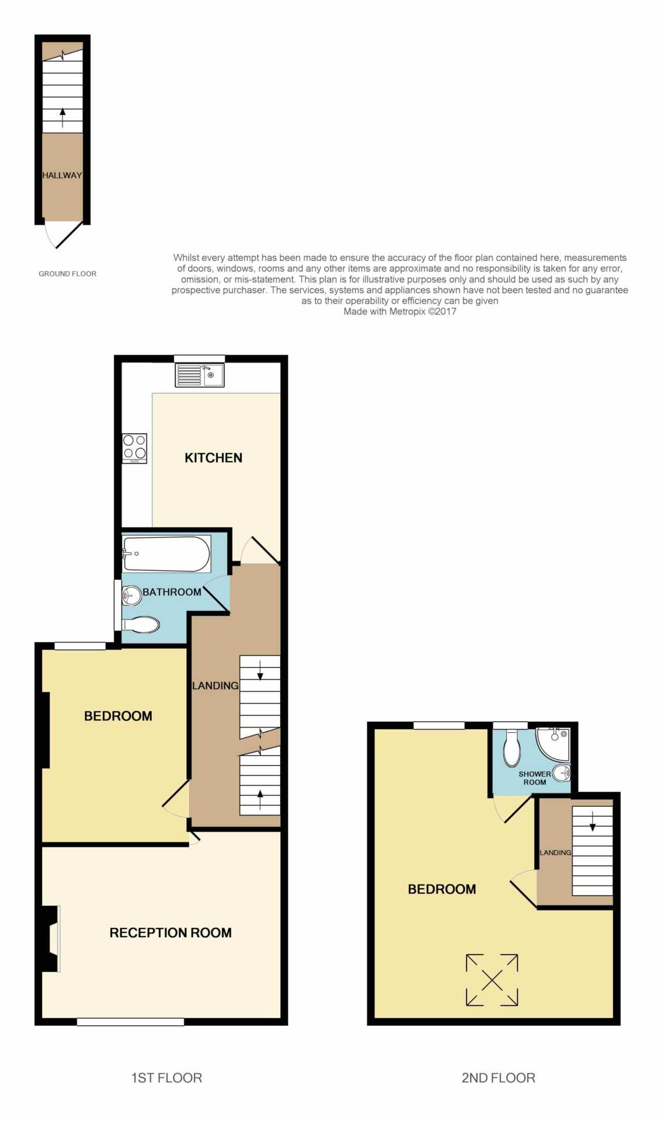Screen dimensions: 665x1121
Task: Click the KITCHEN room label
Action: point(213,458)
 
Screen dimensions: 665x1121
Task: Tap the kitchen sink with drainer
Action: point(200,375)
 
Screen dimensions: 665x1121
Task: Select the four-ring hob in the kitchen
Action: point(134,448)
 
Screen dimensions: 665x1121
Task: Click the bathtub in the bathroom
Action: point(166,553)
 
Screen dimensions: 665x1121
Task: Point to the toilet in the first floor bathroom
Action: point(141,625)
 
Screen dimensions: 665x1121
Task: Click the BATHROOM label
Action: point(172,592)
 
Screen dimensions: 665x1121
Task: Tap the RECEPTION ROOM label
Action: point(170,932)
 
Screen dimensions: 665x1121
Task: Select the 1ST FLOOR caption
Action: point(166,1078)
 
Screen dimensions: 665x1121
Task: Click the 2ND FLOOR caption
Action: point(498,1078)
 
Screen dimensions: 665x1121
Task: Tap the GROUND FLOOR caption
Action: point(68,273)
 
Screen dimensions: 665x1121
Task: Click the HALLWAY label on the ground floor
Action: point(62,175)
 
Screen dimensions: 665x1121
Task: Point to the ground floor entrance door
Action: point(64,235)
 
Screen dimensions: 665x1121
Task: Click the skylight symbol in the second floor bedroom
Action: point(492,980)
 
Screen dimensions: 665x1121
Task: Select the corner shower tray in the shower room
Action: point(553,744)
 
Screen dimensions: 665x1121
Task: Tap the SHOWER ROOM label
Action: point(534,778)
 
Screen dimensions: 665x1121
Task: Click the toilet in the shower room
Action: point(511,747)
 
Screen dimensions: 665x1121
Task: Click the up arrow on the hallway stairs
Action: point(62,118)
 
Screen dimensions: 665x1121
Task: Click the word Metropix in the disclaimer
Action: point(407,311)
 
